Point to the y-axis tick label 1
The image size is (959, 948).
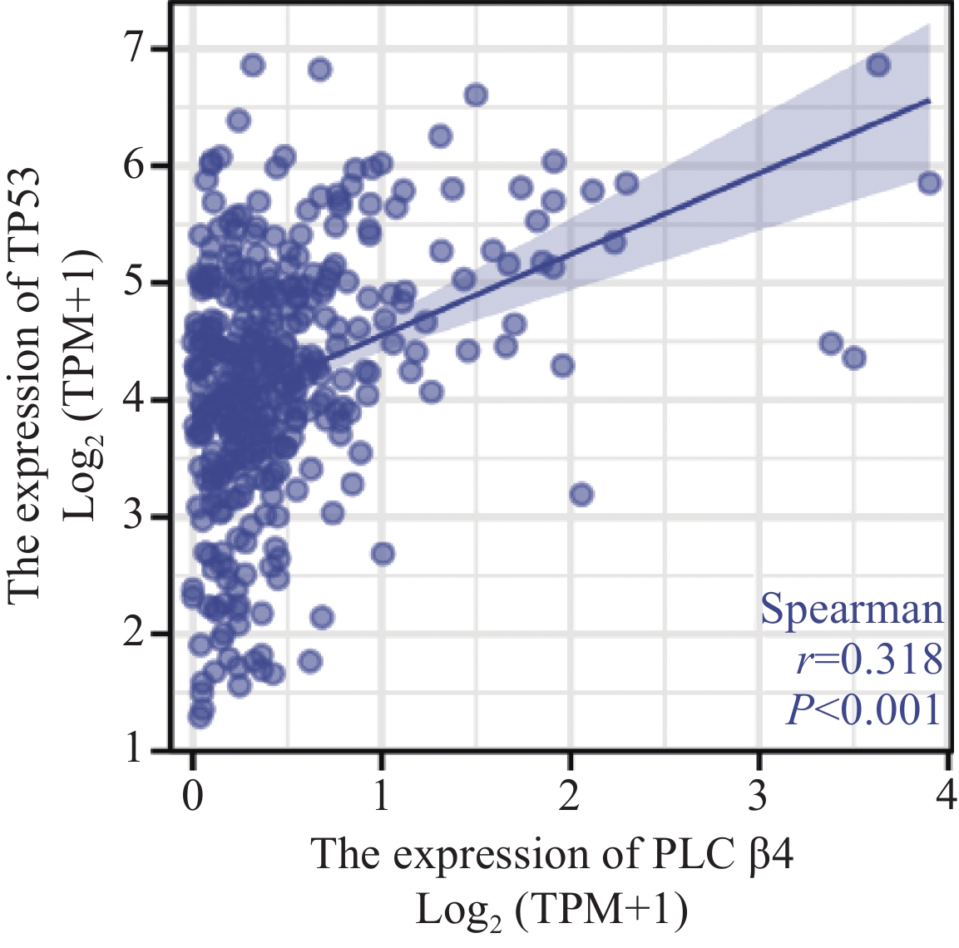[x=134, y=750]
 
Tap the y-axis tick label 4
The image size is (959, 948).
[x=134, y=400]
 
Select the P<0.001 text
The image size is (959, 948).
[x=863, y=709]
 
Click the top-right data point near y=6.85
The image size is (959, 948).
[x=878, y=66]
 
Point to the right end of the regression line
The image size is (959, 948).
[x=929, y=101]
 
